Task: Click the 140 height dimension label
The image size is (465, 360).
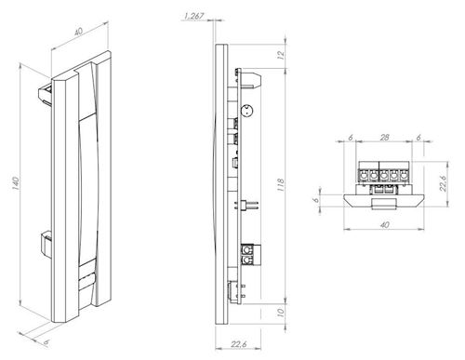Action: [x=16, y=183]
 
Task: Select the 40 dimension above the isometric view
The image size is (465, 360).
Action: [x=78, y=32]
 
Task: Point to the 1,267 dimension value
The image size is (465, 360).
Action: [x=193, y=16]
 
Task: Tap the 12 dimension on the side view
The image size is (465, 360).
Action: [x=281, y=55]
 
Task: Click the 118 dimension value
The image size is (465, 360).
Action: [x=281, y=185]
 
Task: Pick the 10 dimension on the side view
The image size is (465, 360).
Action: [x=281, y=313]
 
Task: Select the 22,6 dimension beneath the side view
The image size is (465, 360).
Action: [x=238, y=344]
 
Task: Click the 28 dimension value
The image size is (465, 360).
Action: [x=384, y=137]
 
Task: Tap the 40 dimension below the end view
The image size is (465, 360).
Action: [x=384, y=224]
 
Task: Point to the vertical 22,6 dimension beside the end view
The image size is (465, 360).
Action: [x=443, y=183]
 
